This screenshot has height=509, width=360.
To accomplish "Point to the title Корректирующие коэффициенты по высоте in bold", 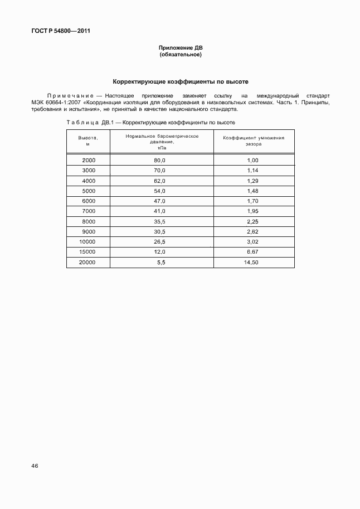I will pos(181,81).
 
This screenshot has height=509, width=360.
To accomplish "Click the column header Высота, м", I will pos(88,140).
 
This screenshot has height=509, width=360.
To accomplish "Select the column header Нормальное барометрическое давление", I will pos(162,142).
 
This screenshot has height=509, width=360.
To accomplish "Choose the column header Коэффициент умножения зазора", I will pos(254,140).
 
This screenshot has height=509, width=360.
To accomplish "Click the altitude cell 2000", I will pos(89,161).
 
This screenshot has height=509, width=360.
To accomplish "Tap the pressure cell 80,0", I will pos(160,161).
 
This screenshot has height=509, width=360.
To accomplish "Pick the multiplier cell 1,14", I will pos(252,171).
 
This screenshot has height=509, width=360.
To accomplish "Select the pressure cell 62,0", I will pos(160,181).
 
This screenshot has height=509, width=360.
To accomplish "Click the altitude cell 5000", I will pos(89,191).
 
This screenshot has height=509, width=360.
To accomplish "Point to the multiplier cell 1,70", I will pos(252,201).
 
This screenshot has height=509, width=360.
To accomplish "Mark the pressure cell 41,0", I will pos(160,211).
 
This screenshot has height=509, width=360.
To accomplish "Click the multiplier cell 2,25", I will pos(252,221).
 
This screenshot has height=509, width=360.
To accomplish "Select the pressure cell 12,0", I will pos(160,252).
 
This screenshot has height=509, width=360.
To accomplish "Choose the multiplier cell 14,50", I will pos(251,262).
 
